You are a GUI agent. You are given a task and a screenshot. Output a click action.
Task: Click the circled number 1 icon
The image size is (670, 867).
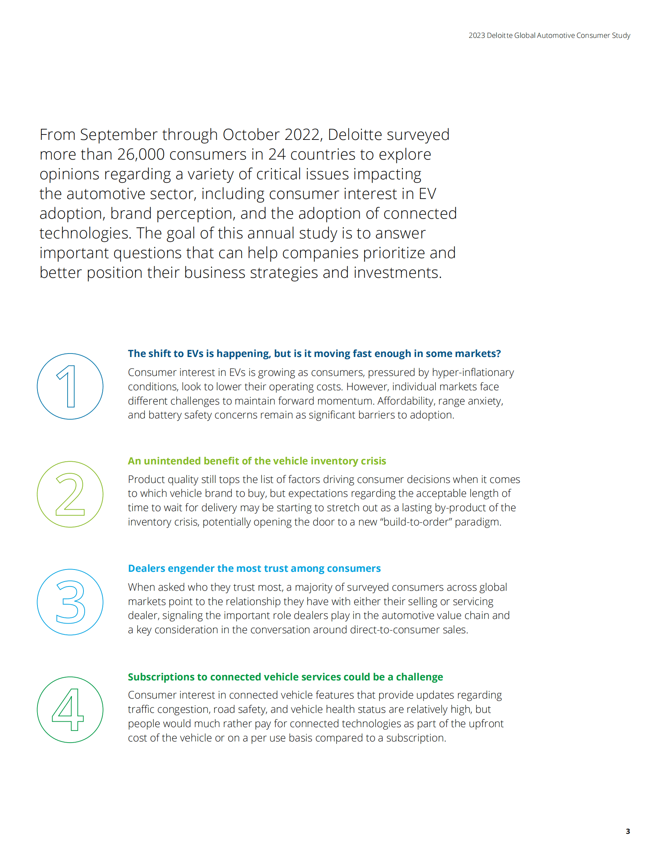pos(70,386)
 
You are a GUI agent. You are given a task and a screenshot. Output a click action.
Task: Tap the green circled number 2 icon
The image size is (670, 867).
pos(70,494)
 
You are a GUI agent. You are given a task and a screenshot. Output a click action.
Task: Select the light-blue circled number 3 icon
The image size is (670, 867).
pos(70,602)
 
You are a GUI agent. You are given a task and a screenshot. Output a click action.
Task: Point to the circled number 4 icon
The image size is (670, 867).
pos(70,709)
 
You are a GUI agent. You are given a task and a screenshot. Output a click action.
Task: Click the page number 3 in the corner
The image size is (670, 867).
pos(627,831)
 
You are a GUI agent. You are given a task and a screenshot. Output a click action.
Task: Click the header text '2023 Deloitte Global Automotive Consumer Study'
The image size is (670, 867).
pos(549,35)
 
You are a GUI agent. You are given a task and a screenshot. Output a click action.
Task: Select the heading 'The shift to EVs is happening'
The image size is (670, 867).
pos(314,353)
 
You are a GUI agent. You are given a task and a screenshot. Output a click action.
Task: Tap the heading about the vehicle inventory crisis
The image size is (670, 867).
pos(257,461)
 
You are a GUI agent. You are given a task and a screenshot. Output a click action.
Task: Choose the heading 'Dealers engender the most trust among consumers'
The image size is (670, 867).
pos(254,568)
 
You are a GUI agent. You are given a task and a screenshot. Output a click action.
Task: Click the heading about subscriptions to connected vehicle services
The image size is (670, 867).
pos(285,677)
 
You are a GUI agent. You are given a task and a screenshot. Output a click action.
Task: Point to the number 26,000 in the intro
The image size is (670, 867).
pos(141,155)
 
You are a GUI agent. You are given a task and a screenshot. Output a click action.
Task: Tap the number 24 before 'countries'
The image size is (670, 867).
pos(277,155)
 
